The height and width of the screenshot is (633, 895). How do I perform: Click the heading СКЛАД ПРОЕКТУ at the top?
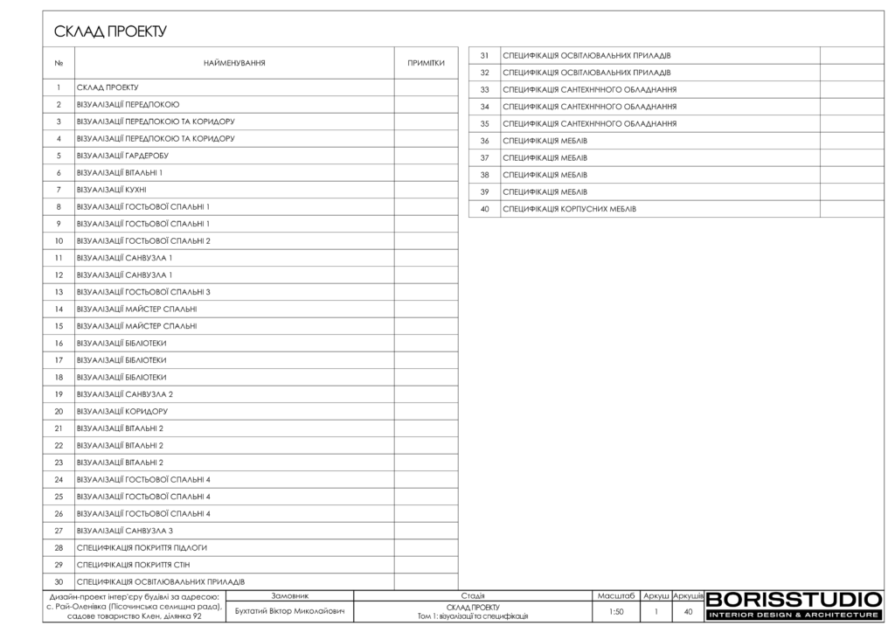(x=110, y=32)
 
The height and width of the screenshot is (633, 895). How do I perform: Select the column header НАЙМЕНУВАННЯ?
(x=234, y=63)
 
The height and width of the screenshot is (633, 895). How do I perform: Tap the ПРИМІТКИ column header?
(x=426, y=63)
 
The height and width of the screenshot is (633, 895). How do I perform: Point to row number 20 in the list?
(x=59, y=411)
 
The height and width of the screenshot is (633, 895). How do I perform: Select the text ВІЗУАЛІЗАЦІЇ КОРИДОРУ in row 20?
(x=122, y=411)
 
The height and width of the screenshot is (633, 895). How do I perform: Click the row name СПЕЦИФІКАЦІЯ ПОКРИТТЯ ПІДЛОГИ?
(x=142, y=547)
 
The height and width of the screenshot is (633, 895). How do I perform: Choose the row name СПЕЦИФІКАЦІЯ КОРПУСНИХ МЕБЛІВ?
(x=570, y=209)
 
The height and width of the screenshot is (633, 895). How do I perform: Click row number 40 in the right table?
(x=484, y=209)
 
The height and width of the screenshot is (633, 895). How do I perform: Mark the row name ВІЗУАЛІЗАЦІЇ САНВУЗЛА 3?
(x=125, y=531)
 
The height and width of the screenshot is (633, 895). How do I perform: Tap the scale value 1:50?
(x=616, y=612)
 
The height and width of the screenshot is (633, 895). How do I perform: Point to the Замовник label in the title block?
(x=291, y=595)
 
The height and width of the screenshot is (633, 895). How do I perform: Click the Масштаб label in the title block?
(x=616, y=595)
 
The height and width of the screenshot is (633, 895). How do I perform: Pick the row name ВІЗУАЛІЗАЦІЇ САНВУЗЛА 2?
(x=125, y=394)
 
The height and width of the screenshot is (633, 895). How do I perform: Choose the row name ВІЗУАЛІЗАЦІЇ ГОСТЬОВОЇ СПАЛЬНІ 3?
(x=143, y=292)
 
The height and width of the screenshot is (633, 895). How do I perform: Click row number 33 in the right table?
(x=484, y=89)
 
